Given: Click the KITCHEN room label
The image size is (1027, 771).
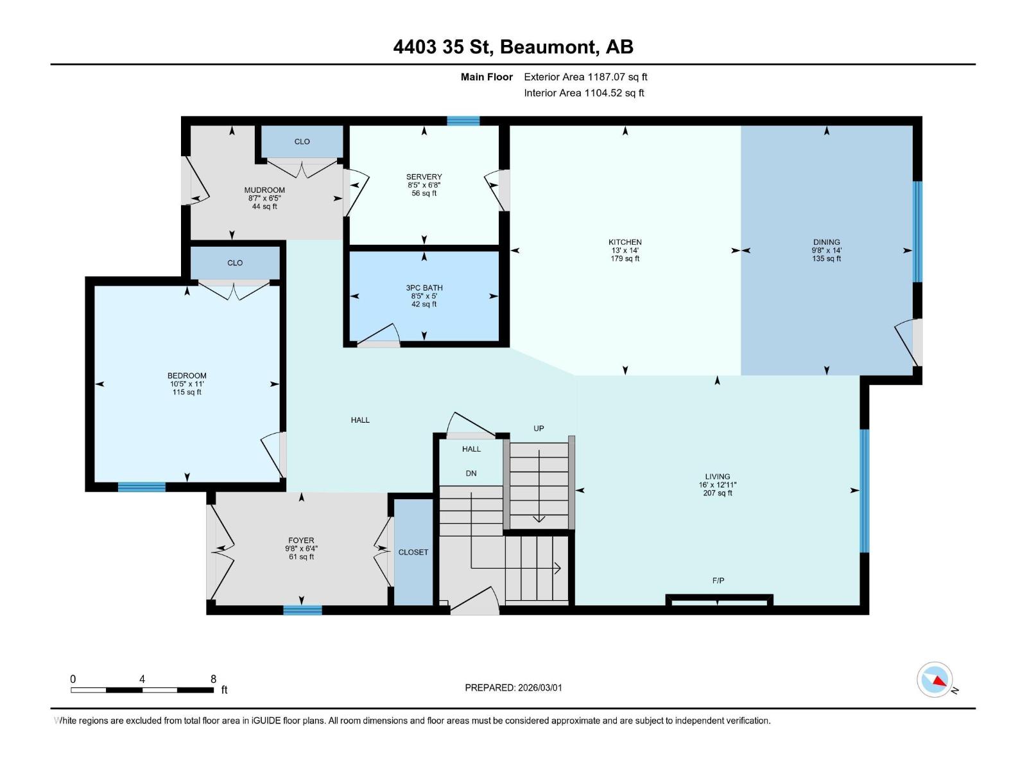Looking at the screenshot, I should tap(625, 242).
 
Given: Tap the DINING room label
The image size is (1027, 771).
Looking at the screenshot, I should tap(826, 242).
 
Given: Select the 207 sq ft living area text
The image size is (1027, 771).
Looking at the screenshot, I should tap(717, 493).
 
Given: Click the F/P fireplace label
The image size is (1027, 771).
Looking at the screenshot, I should tap(718, 581).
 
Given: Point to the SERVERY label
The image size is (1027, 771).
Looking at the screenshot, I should tap(424, 177).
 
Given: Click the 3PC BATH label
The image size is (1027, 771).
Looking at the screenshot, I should tap(424, 288).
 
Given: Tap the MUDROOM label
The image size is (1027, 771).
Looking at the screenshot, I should tap(264, 190).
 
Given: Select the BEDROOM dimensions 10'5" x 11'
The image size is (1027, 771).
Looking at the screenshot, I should tap(187, 384).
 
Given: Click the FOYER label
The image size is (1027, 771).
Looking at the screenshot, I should tap(301, 541).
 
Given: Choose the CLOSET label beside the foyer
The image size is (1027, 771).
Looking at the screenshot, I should tap(413, 553).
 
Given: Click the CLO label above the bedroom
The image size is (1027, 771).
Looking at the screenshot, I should tap(235, 263).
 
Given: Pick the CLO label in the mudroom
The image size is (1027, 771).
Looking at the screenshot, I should tap(302, 141).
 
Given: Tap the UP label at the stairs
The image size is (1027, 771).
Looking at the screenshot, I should tap(539, 429).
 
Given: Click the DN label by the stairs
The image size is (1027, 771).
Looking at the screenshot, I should tap(471, 474).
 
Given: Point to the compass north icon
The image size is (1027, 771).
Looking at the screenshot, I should tap(935, 680).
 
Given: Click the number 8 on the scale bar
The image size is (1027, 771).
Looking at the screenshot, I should tap(213, 679).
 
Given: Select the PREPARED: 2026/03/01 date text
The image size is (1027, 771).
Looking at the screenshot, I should tap(513, 687).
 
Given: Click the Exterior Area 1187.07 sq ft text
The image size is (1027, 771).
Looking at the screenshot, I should tap(585, 77).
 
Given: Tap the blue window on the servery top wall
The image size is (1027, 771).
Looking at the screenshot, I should tap(463, 121).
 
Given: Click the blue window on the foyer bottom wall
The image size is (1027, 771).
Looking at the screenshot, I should tap(302, 610).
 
